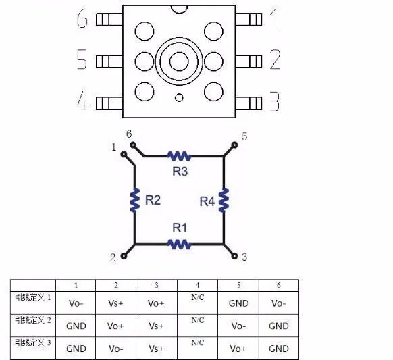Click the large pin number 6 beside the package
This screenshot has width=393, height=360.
coord(82,20)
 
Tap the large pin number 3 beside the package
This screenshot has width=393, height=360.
coord(274,102)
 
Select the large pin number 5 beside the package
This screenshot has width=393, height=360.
coord(82,60)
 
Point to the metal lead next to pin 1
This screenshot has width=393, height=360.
coord(248,19)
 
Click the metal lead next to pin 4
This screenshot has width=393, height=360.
coord(109,103)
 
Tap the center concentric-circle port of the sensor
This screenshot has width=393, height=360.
coord(179,61)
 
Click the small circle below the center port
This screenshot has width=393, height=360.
coord(179,98)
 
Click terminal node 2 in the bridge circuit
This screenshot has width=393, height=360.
coord(124,256)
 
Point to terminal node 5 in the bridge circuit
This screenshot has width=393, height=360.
coord(235,144)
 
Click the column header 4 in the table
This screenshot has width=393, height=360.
coord(197,285)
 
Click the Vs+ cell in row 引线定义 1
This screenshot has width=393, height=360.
coord(115,303)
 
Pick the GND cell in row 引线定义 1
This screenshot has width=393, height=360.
coord(238,303)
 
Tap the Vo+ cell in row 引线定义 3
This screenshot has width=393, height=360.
coord(238,349)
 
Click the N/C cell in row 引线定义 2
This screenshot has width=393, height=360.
coord(197,319)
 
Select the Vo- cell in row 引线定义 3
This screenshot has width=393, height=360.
coord(115,349)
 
